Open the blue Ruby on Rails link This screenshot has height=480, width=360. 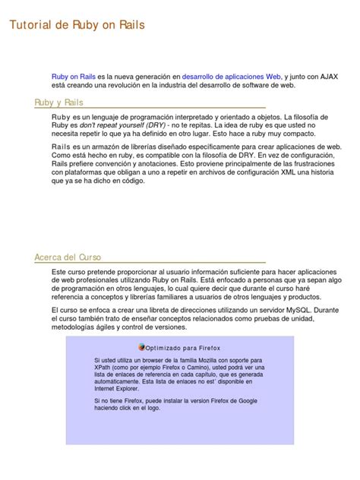[73, 77]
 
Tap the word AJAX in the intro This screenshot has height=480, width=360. [329, 77]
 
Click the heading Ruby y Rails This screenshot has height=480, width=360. [59, 103]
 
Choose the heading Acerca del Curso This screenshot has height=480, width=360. [68, 257]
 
